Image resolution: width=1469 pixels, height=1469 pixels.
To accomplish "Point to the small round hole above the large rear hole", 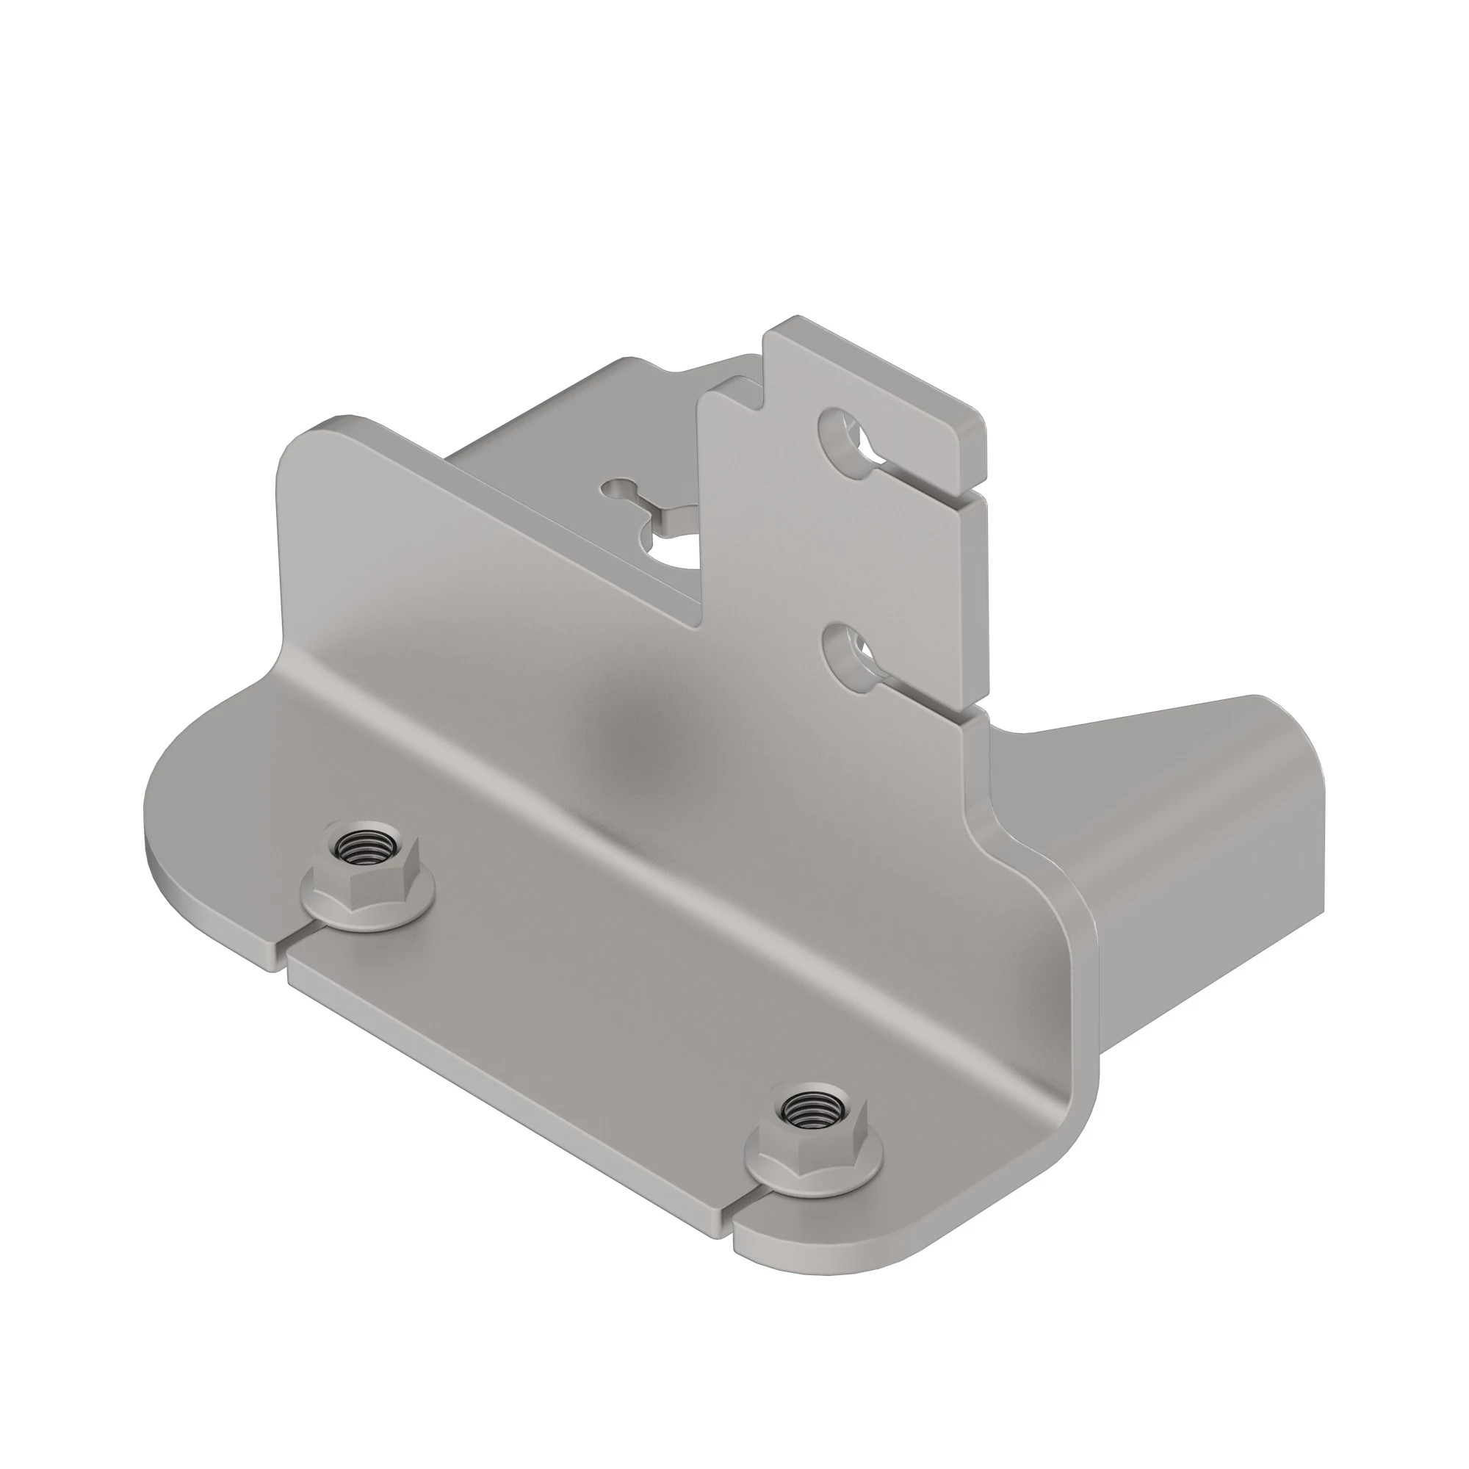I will point(616,488).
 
